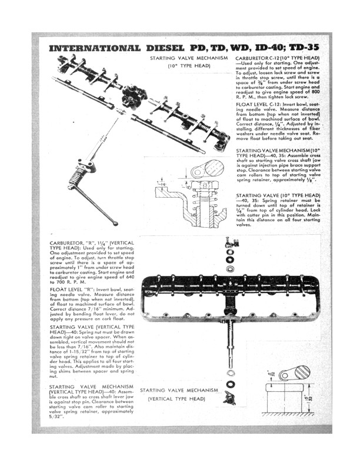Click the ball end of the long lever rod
pos(115,223)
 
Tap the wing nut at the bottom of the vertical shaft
pos(229,400)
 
